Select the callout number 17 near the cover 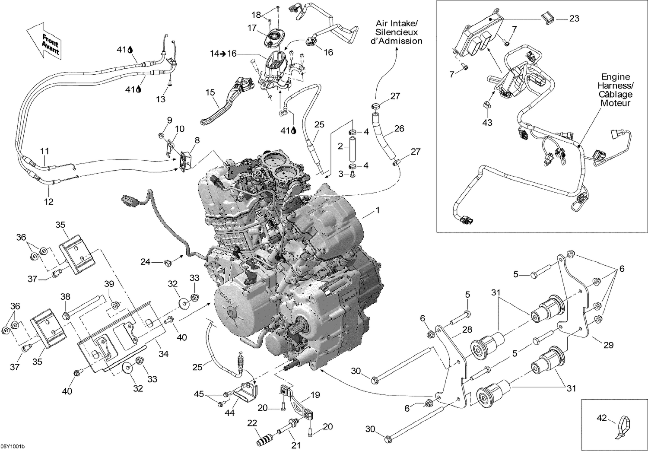click(252, 28)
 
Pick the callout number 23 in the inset click(574, 19)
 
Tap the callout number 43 click(487, 123)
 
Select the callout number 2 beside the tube click(340, 146)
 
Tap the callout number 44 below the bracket click(229, 413)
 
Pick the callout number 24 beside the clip click(145, 261)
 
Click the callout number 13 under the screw click(160, 99)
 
